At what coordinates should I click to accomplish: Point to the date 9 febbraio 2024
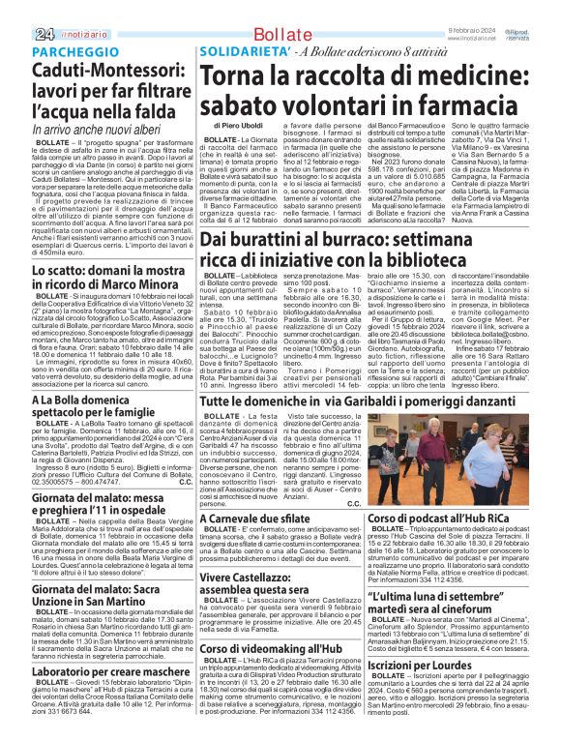pos(470,5)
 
